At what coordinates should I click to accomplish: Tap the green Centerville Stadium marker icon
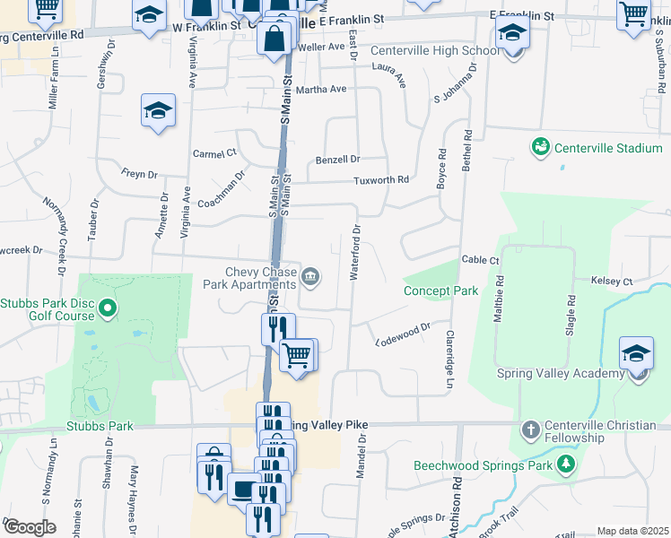[x=540, y=146]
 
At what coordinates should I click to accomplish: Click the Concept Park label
[x=440, y=291]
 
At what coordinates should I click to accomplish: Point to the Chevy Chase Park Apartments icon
[x=310, y=276]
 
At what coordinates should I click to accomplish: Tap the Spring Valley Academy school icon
[x=636, y=354]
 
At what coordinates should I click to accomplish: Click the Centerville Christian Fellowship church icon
[x=530, y=430]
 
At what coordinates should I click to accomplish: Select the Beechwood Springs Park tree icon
[x=566, y=464]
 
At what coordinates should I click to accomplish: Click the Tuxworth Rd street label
[x=380, y=180]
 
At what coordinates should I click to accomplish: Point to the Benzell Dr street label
[x=337, y=160]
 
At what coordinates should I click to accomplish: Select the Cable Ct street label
[x=480, y=260]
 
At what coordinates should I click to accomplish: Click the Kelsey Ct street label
[x=612, y=282]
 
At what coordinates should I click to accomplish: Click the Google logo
[x=30, y=527]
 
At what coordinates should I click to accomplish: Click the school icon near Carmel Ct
[x=159, y=111]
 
